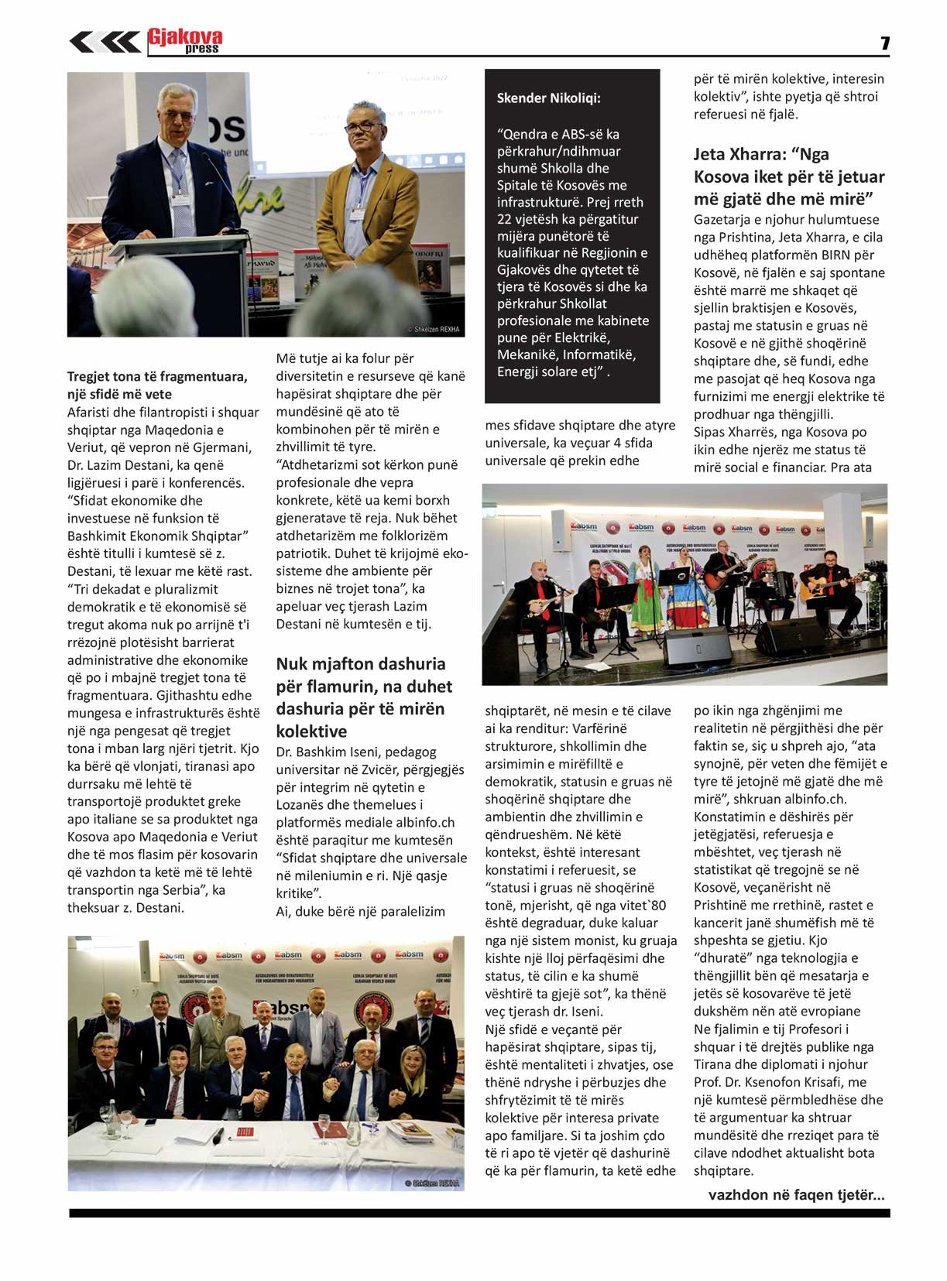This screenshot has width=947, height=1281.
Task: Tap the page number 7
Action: click(x=885, y=43)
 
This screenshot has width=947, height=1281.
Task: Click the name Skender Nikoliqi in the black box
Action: click(x=548, y=98)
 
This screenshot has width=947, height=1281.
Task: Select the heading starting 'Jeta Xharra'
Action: click(x=788, y=176)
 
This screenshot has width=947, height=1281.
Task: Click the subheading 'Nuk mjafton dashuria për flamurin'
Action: click(x=361, y=697)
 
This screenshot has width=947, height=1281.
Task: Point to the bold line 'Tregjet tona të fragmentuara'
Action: click(x=157, y=377)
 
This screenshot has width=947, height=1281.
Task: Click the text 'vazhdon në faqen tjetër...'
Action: click(x=796, y=1195)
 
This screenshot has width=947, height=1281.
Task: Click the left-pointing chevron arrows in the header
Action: click(x=105, y=41)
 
